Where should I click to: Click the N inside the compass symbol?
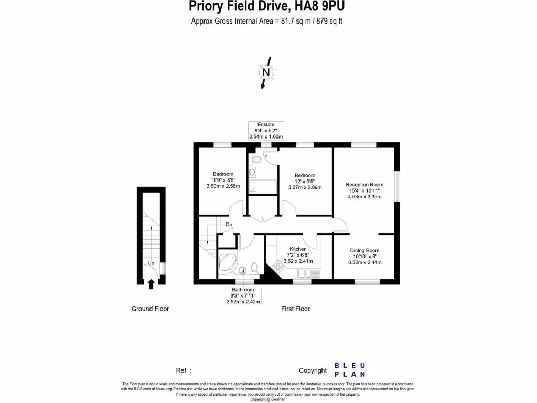(266, 72)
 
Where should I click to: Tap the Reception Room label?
(364, 184)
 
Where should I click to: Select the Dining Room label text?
(364, 250)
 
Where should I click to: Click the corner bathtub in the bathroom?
(227, 263)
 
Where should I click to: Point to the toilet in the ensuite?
(256, 160)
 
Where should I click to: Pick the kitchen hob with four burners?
(276, 269)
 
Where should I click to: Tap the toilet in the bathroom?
(254, 268)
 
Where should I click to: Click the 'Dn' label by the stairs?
(229, 225)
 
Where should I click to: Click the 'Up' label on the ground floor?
(151, 262)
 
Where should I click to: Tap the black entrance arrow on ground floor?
(151, 284)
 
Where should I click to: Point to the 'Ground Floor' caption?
(150, 309)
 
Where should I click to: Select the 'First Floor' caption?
(295, 309)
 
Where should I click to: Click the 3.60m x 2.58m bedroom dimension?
(222, 186)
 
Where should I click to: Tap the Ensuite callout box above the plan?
(265, 131)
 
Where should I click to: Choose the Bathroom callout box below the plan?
(243, 296)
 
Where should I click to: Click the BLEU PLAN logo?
(350, 370)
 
